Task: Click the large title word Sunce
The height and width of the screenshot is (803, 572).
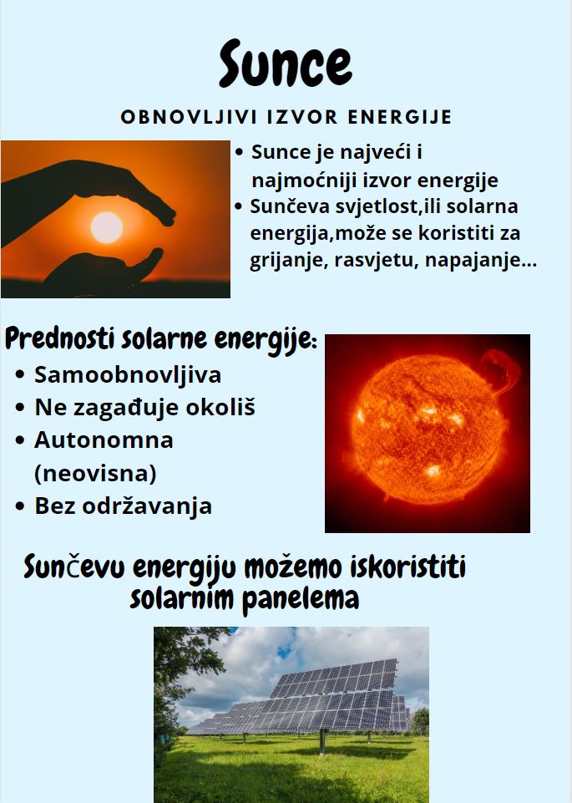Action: coord(286,64)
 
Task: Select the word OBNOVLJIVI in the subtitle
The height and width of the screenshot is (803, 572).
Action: coord(189,117)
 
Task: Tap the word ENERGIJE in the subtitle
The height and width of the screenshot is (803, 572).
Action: coord(400,117)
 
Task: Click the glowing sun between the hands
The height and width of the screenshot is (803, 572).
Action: coord(106,227)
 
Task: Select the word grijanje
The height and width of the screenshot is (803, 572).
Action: coord(287,260)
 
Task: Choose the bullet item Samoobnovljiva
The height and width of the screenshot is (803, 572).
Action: coord(128,375)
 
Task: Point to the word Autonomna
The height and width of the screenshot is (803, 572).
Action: coord(104,440)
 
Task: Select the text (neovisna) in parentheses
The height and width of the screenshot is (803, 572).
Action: coord(95,473)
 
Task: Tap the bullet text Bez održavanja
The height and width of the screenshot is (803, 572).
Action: coord(124,506)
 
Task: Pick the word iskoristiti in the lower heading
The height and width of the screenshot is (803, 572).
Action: coord(407,567)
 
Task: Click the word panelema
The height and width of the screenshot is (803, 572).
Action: coord(301,599)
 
